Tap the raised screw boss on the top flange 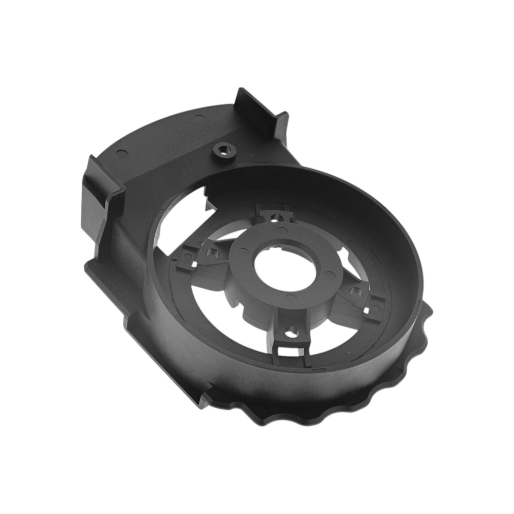click(x=224, y=150)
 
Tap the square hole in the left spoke click(x=211, y=253)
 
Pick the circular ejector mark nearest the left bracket click(x=120, y=152)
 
